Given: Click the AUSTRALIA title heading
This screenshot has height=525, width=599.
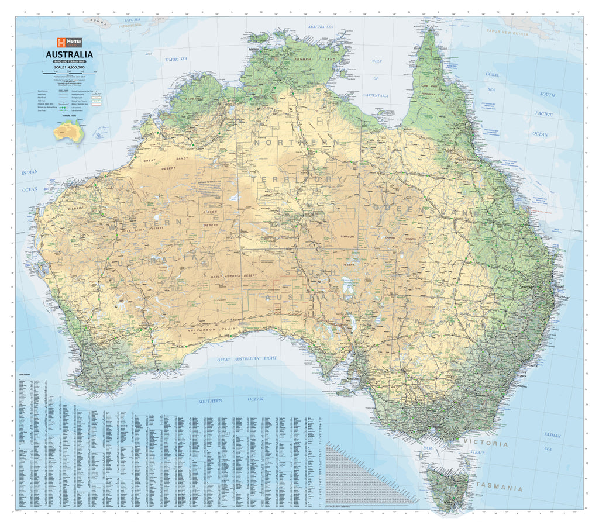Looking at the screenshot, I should [69, 56].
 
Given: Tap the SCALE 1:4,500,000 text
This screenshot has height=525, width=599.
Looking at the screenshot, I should [69, 67].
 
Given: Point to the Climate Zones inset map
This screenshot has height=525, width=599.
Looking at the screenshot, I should [68, 132].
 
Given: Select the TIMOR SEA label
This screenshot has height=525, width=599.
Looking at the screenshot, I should [176, 60].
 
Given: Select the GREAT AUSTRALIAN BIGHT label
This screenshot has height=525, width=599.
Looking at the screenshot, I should [247, 359].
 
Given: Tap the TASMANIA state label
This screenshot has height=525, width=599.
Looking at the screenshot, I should [499, 487].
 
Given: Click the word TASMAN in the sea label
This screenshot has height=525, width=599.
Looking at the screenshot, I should [552, 436].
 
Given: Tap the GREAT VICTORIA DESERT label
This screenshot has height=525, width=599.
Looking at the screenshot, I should [242, 275].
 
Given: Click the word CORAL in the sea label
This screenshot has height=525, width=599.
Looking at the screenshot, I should [493, 75].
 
